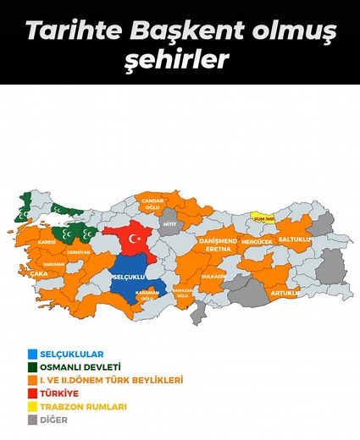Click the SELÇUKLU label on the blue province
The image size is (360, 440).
coord(130,277)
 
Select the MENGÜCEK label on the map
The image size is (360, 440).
coord(258,242)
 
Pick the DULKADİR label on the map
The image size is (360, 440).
coord(214,277)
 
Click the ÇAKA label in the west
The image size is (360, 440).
coord(39,273)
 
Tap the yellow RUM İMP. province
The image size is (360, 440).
coord(265,217)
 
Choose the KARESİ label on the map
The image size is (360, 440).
coord(47,242)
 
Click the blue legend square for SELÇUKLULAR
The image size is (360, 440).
coord(32,354)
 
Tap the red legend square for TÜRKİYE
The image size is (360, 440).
coord(32,393)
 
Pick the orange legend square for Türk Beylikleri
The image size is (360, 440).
coord(32,380)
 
